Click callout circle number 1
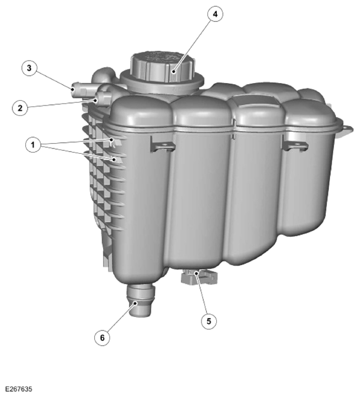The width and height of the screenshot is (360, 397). point(33,145)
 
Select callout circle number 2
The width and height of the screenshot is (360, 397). point(20,108)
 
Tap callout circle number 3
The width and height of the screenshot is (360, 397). point(29,68)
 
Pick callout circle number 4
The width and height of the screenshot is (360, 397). point(215,14)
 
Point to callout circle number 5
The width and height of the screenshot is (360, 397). point(209,321)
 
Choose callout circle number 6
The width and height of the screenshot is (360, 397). point(103,338)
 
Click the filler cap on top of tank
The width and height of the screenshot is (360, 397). point(162,67)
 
